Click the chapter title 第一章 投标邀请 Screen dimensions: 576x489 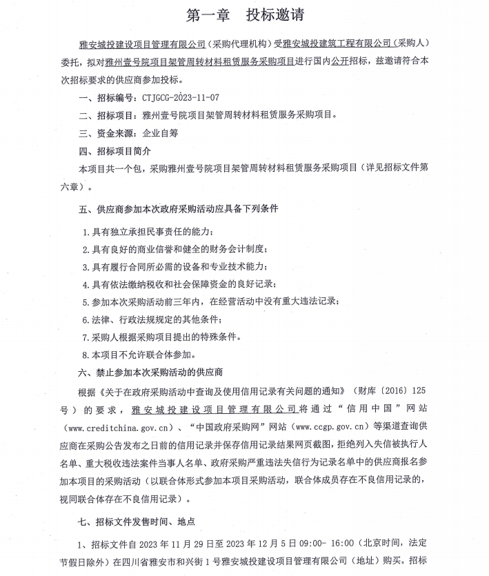pos(246,14)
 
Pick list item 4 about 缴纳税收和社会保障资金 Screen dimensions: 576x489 pos(179,284)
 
